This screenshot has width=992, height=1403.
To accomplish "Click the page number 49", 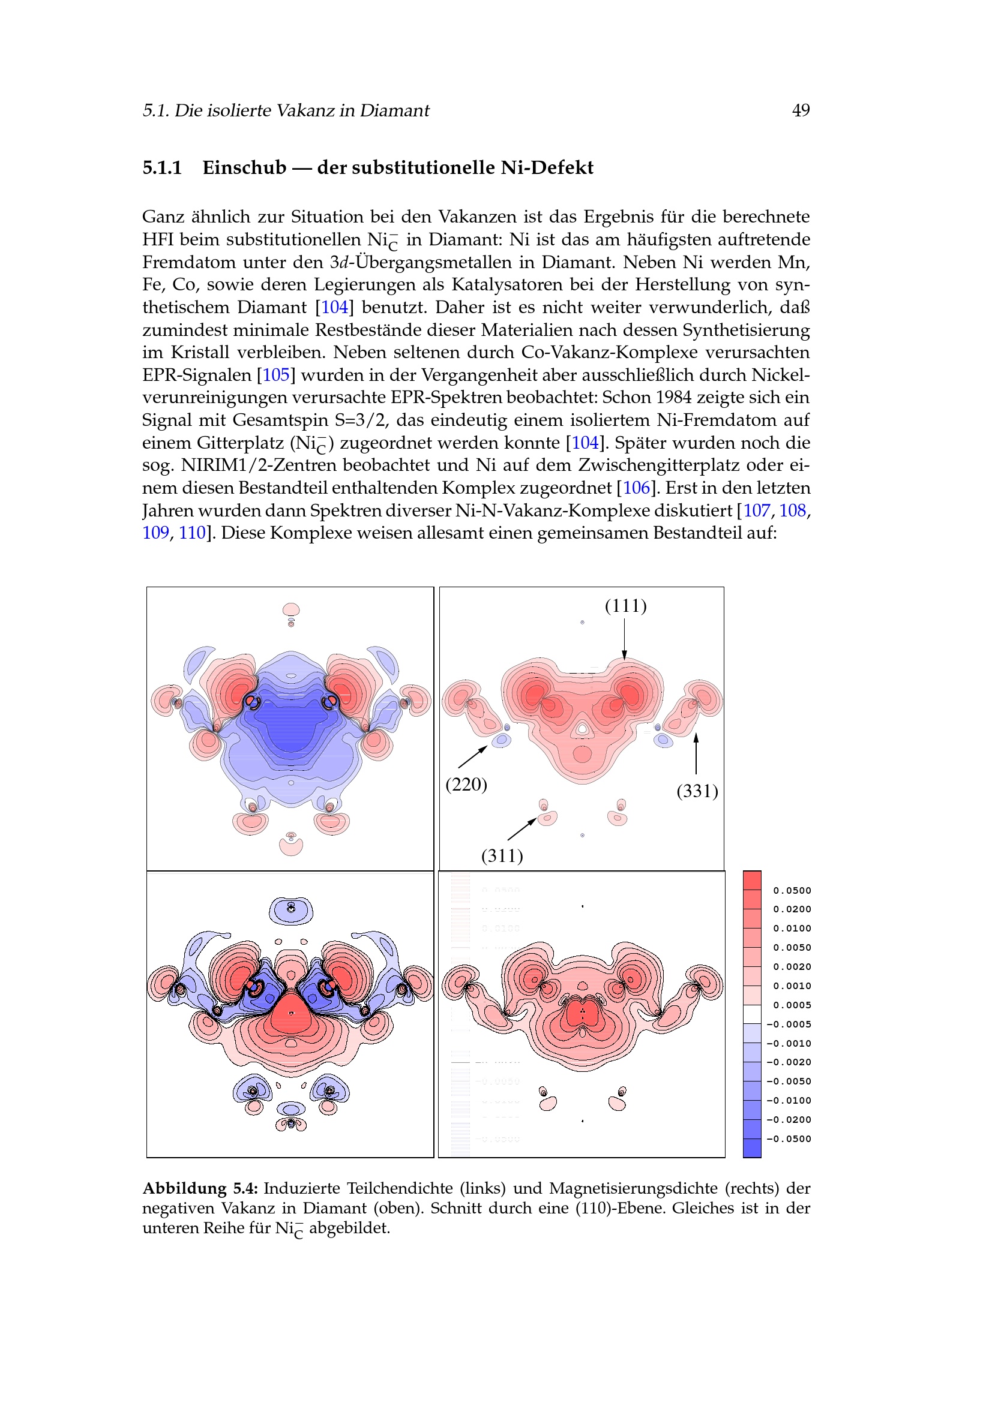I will (x=800, y=110).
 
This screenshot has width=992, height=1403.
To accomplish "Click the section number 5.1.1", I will (x=162, y=167).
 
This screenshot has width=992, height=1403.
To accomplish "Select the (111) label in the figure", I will (x=625, y=606).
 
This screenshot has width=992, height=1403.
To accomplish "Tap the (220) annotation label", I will (x=466, y=784).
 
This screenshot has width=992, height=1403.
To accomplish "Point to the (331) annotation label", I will (x=697, y=791).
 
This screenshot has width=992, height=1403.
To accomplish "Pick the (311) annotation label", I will (x=502, y=855).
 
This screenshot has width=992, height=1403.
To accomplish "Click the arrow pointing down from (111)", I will (x=624, y=639).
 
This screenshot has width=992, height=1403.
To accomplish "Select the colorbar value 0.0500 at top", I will (x=792, y=891).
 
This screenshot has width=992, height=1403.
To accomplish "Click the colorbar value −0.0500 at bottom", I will (x=789, y=1139).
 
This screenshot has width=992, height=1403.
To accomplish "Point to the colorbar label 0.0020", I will (x=792, y=968).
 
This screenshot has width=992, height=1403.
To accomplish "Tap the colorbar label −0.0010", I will (x=789, y=1044).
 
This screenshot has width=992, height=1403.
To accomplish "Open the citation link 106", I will (x=636, y=488).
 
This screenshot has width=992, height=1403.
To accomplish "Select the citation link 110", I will (x=192, y=533).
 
